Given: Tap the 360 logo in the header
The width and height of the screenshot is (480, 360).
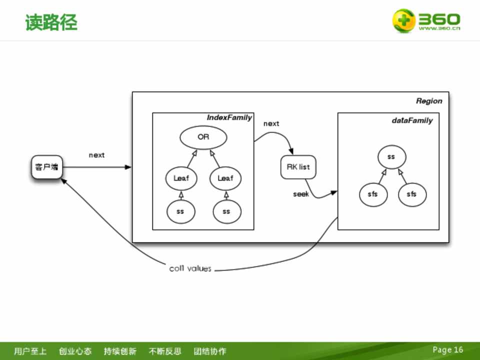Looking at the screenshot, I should click(x=425, y=21).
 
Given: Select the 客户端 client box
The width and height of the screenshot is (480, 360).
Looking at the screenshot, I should click(x=46, y=167).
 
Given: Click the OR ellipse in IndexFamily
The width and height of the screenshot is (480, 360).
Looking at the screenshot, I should click(x=203, y=137).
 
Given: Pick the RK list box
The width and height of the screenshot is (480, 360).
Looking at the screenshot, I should click(x=298, y=167).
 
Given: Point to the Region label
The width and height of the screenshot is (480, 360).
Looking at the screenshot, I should click(x=429, y=101).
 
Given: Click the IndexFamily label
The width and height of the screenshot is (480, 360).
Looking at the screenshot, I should click(x=229, y=117).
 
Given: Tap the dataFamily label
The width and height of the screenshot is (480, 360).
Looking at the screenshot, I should click(x=412, y=120).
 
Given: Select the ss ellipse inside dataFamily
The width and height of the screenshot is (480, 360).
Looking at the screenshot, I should click(x=391, y=157).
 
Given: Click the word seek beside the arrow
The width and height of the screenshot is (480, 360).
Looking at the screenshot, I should click(x=301, y=194).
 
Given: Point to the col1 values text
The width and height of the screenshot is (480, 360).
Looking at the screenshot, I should click(x=190, y=269).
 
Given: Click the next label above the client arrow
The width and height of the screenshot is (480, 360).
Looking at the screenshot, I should click(x=96, y=155).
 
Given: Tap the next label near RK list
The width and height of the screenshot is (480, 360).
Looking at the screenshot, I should click(x=271, y=123).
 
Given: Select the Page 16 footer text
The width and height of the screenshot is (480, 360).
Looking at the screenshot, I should click(x=448, y=350).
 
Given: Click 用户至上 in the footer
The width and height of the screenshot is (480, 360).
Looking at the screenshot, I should click(x=30, y=351).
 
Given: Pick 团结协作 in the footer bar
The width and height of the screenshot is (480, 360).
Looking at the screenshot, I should click(x=210, y=351).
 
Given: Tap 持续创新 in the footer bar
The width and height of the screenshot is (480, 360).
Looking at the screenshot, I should click(x=120, y=351).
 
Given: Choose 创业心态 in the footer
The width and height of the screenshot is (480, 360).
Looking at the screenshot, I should click(x=75, y=351).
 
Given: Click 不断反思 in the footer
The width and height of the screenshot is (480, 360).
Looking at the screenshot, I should click(x=165, y=351).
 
